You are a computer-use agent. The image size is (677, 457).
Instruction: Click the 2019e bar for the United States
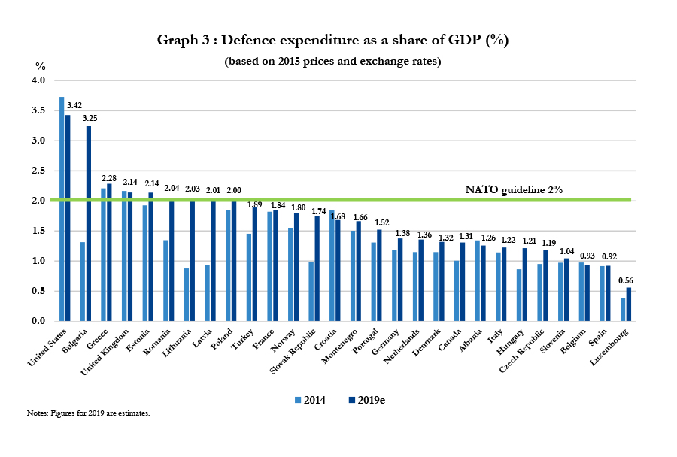click(x=68, y=218)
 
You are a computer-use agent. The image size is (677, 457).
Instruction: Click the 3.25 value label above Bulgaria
click(x=90, y=118)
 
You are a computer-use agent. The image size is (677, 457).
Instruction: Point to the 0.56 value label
click(x=626, y=280)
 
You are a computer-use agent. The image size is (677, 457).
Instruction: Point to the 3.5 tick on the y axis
click(x=38, y=110)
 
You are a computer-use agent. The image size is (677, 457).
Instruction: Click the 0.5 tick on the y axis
click(x=38, y=291)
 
